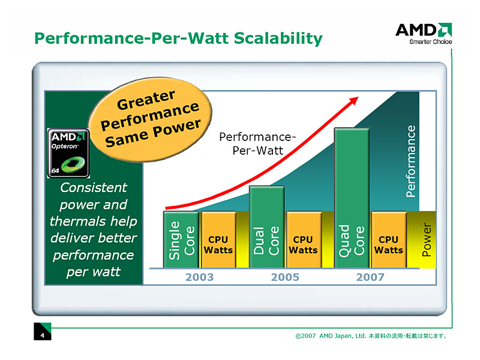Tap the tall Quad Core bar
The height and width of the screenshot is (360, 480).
click(x=352, y=198)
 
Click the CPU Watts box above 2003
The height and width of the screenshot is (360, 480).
click(x=218, y=240)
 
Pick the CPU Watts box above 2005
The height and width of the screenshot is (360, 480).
click(x=303, y=240)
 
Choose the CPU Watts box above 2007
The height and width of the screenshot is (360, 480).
click(x=389, y=240)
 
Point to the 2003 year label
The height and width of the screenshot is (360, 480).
click(x=199, y=277)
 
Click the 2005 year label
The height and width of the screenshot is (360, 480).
click(x=285, y=277)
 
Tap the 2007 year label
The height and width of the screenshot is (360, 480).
click(x=370, y=277)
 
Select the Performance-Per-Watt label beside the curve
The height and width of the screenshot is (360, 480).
click(x=257, y=143)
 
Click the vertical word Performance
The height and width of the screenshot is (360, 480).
click(x=411, y=161)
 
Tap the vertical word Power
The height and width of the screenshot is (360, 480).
click(x=427, y=240)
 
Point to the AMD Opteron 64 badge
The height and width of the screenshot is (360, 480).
click(x=68, y=154)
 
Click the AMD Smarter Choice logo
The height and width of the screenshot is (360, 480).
click(x=424, y=33)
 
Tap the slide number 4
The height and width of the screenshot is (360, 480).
click(x=43, y=335)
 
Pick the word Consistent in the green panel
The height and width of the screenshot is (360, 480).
click(x=94, y=187)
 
